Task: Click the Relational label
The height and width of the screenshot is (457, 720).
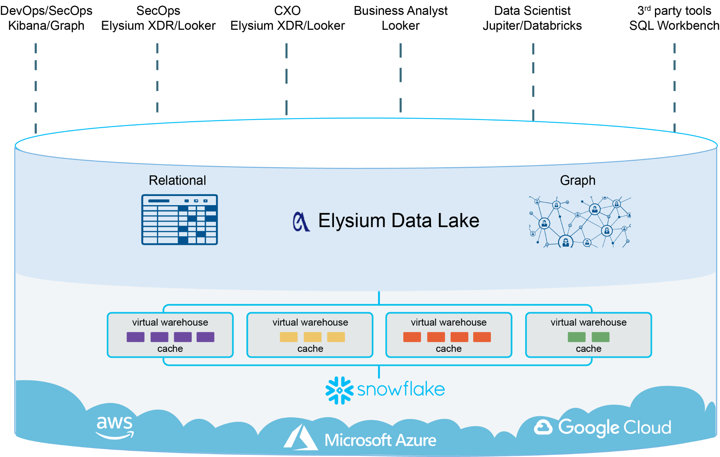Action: [x=177, y=180]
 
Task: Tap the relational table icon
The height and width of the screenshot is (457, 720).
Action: [x=179, y=220]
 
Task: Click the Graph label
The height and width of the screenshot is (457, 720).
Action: [x=578, y=180]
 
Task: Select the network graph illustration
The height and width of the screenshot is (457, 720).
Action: [x=580, y=222]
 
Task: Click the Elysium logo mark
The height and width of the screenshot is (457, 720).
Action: [x=301, y=222]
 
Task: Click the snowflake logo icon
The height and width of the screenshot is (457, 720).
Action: [x=339, y=390]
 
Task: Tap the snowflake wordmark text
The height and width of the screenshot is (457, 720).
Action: [x=401, y=389]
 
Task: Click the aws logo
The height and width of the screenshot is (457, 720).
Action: [x=115, y=426]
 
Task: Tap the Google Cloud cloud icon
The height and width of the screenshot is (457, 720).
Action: [x=543, y=427]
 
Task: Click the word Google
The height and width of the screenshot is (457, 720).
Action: [x=589, y=427]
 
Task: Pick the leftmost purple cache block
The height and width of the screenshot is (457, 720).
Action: [x=135, y=337]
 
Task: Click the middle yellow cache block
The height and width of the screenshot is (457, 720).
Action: [x=313, y=337]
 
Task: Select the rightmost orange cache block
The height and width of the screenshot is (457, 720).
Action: [x=482, y=337]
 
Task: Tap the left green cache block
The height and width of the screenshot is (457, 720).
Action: [x=577, y=337]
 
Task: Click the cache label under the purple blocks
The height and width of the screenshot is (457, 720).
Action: [x=170, y=348]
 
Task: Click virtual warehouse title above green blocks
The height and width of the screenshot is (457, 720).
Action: [x=589, y=322]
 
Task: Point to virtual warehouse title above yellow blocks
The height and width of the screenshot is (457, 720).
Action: [x=310, y=322]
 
